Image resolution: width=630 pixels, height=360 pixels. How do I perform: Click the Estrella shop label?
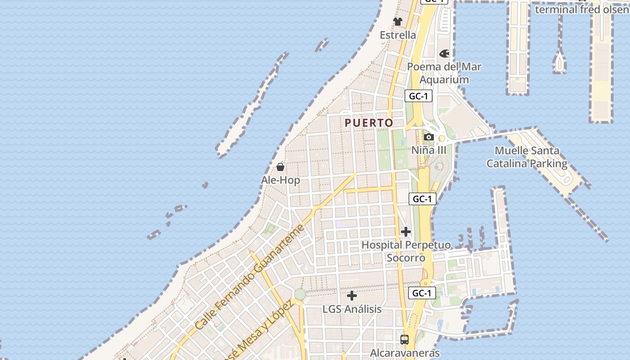398,35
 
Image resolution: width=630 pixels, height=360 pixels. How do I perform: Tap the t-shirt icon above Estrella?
398,21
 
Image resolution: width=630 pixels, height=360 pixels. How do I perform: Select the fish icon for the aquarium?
444,54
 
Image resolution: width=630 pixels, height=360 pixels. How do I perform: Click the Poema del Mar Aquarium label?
444,73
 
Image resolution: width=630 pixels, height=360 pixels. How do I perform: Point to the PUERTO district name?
369,123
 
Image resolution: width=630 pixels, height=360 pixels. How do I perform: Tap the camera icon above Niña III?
429,137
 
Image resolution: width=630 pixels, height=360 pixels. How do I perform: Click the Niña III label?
429,150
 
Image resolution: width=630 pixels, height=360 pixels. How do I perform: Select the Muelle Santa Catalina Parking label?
527,157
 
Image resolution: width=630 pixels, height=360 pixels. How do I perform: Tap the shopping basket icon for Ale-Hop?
280,167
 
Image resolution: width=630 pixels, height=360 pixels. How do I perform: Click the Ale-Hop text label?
280,180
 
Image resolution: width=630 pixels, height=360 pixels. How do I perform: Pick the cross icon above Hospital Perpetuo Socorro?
406,232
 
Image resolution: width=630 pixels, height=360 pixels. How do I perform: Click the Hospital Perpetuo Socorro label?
406,252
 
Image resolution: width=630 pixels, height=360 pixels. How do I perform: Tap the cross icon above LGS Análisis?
352,296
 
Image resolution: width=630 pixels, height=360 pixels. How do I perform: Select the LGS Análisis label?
352,310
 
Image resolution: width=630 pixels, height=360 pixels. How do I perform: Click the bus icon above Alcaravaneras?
405,339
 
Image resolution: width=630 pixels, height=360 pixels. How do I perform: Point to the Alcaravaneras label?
405,353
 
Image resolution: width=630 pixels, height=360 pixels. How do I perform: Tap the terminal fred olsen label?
581,9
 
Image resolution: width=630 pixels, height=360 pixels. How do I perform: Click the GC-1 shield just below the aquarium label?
418,96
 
